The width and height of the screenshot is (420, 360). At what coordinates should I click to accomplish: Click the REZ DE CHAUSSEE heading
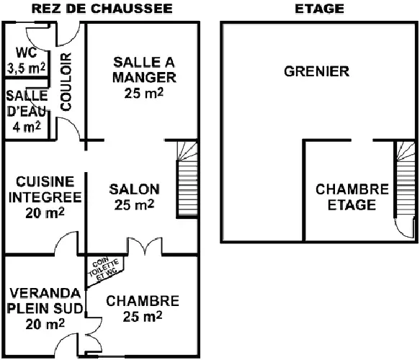[102, 9]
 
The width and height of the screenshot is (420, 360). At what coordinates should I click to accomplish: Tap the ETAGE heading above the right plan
[319, 9]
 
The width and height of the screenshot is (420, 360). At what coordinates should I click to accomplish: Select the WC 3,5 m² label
[26, 60]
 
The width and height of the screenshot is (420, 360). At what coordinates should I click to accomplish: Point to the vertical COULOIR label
[66, 82]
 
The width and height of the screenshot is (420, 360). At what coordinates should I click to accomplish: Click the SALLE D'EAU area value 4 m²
[27, 127]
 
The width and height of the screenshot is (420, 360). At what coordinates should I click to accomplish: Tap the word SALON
[135, 189]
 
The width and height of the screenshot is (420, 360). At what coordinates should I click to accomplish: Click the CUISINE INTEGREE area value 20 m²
[45, 213]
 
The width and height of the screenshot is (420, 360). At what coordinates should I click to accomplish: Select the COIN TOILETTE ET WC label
[104, 269]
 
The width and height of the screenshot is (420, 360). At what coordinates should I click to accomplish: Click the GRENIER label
[316, 71]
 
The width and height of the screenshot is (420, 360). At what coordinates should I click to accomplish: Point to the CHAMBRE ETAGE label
[352, 197]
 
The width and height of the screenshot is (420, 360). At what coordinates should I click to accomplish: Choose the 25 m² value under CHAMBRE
[143, 317]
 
